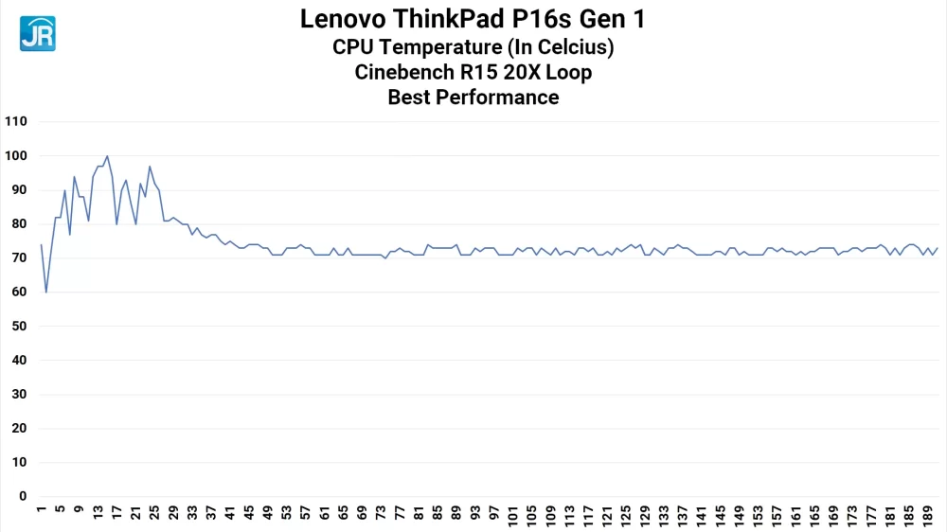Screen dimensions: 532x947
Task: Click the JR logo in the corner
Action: (37, 33)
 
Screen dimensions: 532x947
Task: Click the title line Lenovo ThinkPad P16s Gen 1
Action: (473, 19)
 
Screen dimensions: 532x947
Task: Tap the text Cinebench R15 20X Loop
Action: (473, 72)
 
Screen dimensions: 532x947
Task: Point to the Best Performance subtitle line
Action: (473, 97)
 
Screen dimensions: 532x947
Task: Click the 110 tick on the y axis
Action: (16, 122)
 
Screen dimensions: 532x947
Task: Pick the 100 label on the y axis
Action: (16, 156)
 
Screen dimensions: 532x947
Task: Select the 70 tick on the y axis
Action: (19, 258)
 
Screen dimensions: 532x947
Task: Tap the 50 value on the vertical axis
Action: (19, 327)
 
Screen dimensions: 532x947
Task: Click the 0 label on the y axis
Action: (23, 497)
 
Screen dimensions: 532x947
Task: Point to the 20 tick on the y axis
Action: (19, 429)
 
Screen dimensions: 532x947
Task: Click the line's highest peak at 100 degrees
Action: (107, 156)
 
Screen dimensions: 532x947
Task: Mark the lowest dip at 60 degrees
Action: (45, 293)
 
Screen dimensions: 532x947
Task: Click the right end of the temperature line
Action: (938, 248)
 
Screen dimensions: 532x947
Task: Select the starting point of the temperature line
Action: (41, 244)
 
